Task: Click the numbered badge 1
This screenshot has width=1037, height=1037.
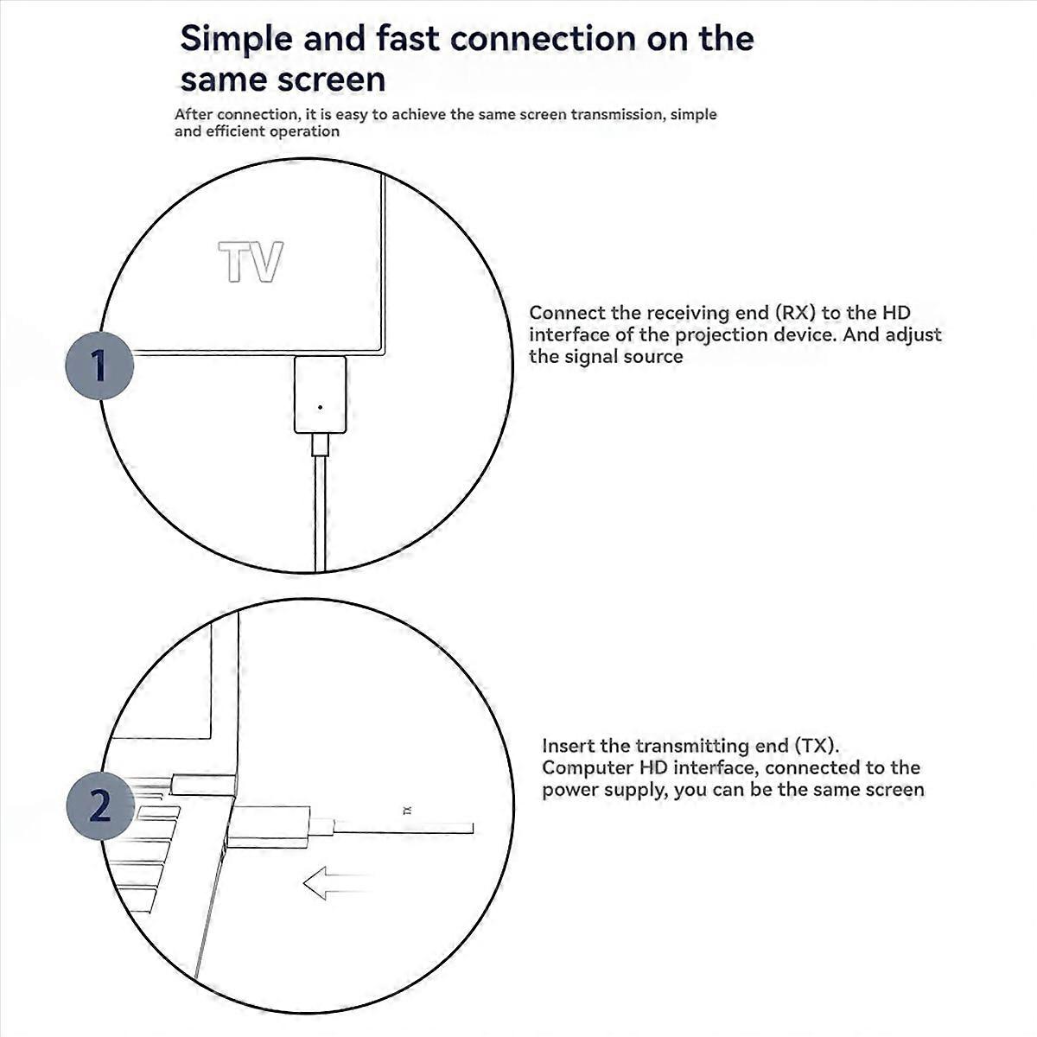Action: click(x=99, y=365)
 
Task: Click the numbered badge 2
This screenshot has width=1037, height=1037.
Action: click(x=99, y=805)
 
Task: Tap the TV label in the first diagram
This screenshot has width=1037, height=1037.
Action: click(x=251, y=263)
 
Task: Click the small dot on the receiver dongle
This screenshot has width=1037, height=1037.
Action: click(x=321, y=406)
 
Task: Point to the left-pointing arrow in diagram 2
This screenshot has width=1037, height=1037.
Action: click(x=333, y=883)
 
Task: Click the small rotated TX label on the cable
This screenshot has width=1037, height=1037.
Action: click(x=408, y=811)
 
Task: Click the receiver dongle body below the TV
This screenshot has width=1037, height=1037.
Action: click(x=320, y=394)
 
